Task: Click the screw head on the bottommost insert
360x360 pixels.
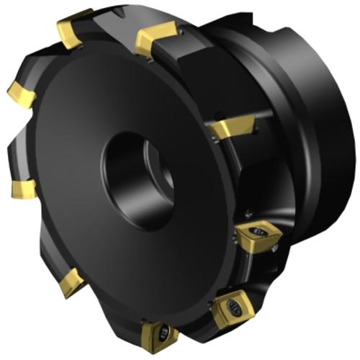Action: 163,332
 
